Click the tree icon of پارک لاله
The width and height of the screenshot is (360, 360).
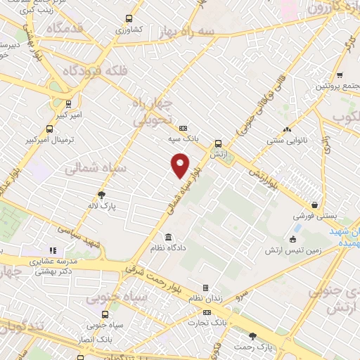(x=103, y=195)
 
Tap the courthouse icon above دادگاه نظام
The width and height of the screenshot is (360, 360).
(x=169, y=236)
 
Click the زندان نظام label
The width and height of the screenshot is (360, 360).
(x=205, y=299)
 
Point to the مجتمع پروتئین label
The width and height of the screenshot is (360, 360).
(x=334, y=86)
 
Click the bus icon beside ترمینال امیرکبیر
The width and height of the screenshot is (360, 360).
(x=49, y=129)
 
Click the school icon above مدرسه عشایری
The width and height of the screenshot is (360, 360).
(x=51, y=250)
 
